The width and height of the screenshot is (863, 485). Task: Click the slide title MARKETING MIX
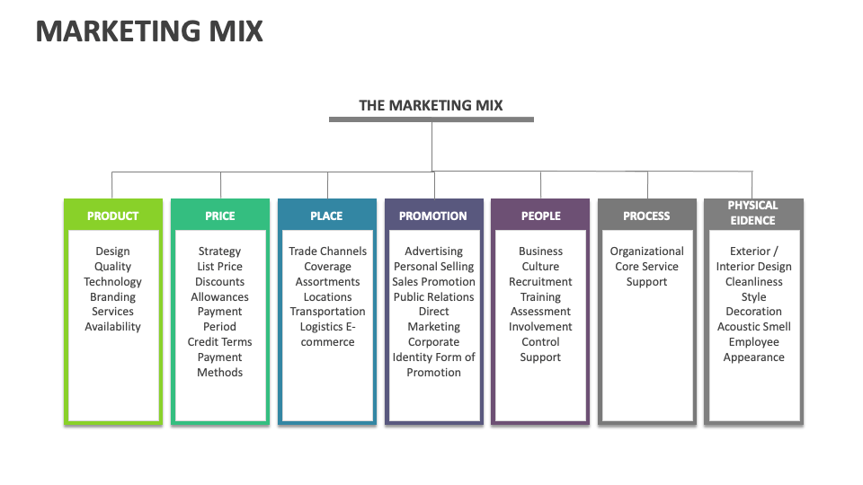click(x=149, y=31)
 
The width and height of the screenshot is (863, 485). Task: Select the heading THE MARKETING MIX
click(x=431, y=105)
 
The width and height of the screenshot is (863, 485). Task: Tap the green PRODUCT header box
click(x=112, y=216)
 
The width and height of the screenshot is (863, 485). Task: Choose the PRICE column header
click(x=219, y=216)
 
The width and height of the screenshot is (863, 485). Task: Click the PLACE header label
click(x=326, y=216)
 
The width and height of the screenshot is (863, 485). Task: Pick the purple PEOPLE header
click(x=540, y=216)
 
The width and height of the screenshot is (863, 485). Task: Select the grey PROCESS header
click(x=646, y=216)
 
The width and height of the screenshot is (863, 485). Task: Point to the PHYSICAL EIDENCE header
click(x=753, y=212)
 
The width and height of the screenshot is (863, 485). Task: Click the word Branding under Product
click(x=112, y=296)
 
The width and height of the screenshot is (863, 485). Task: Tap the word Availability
click(x=112, y=327)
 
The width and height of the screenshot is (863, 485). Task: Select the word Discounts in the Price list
click(x=219, y=281)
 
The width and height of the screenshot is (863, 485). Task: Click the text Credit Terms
click(x=219, y=342)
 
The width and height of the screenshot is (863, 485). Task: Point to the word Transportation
click(x=327, y=312)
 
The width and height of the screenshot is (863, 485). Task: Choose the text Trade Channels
click(x=327, y=251)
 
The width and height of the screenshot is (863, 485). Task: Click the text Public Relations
click(x=433, y=296)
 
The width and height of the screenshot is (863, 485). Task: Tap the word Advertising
click(x=433, y=251)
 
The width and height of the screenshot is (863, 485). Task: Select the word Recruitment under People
click(x=540, y=281)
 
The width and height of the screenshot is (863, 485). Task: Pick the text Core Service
click(x=646, y=267)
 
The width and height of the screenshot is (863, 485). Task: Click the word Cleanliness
click(x=753, y=281)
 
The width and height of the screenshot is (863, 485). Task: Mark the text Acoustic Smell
click(x=753, y=327)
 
